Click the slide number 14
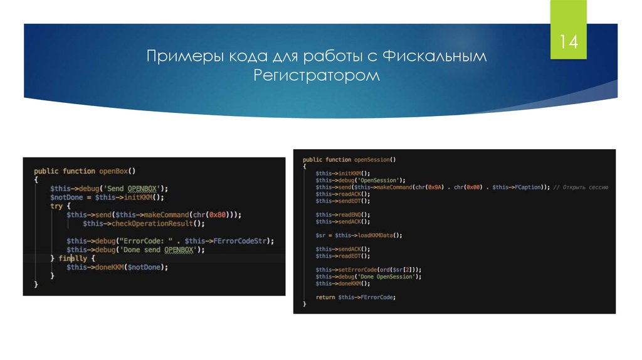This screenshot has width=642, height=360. click(569, 43)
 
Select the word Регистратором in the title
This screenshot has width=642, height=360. click(317, 76)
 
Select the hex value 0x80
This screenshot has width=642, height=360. click(219, 214)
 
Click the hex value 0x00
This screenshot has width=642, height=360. click(478, 187)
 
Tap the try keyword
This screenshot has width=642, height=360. click(56, 206)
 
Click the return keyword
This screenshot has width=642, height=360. click(325, 297)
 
